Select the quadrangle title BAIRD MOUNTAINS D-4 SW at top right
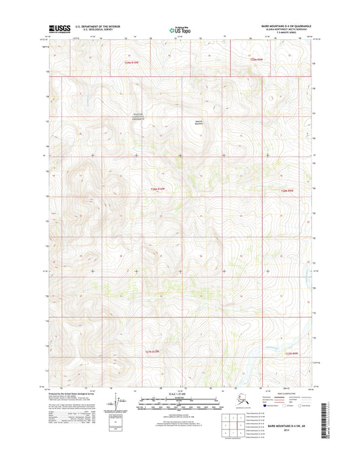278,22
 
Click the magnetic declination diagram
121,405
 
